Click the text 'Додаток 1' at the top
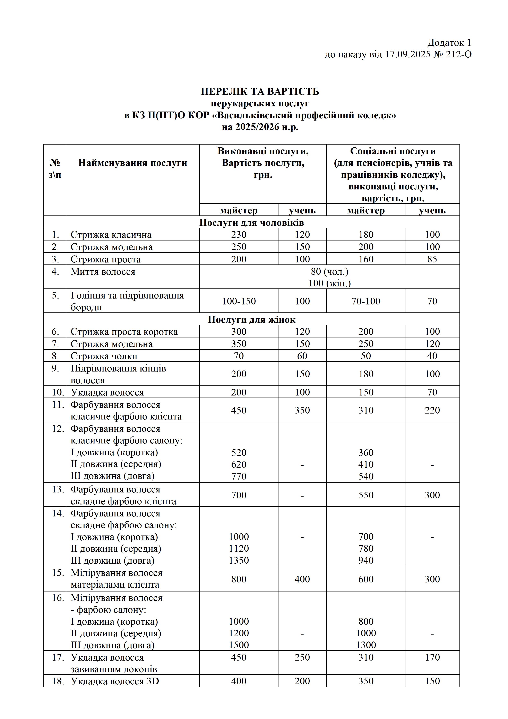click(x=449, y=43)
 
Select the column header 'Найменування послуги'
click(x=133, y=163)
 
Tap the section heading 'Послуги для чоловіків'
click(x=251, y=223)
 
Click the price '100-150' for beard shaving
click(x=239, y=301)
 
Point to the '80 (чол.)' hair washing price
click(x=329, y=271)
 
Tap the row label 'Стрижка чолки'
click(x=104, y=356)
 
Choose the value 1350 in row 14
click(x=239, y=560)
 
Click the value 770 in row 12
click(x=239, y=476)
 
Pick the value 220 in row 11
click(x=432, y=410)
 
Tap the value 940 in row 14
click(x=366, y=560)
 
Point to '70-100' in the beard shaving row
click(x=366, y=301)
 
